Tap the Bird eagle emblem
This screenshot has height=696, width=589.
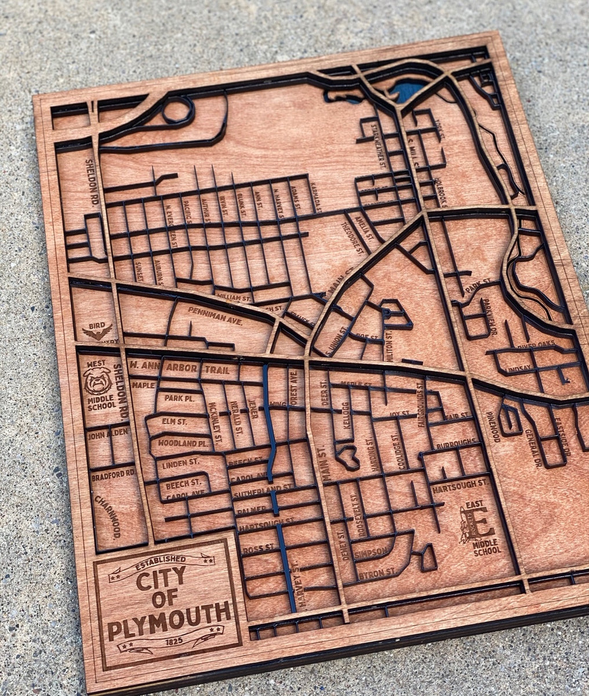point(97,332)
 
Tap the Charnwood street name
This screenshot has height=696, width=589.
point(110,516)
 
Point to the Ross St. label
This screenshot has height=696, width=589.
point(259,548)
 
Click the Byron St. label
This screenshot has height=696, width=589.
point(376,574)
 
